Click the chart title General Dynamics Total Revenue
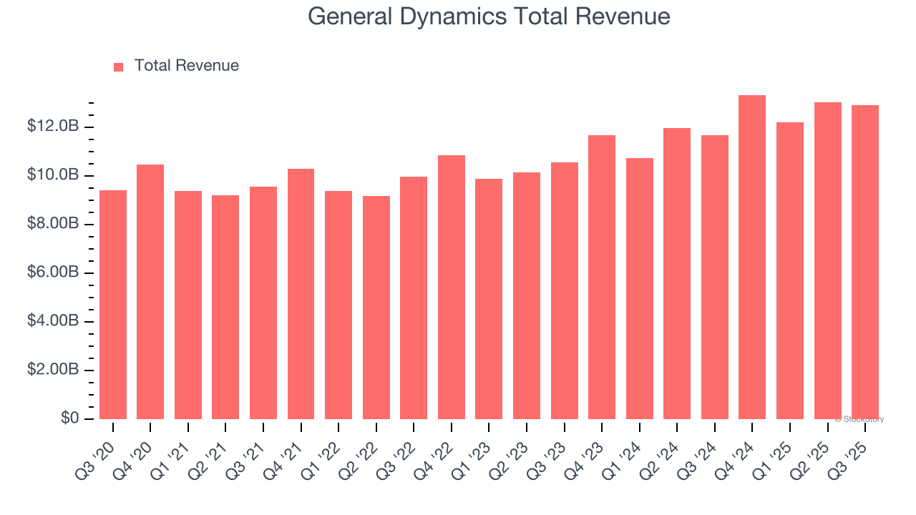[x=489, y=16]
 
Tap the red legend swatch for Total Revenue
[x=119, y=67]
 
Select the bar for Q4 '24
[x=752, y=257]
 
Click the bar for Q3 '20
[x=113, y=305]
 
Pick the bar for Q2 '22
[x=376, y=308]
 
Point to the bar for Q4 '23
[x=602, y=278]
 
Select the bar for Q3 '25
[x=865, y=263]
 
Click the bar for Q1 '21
[x=188, y=305]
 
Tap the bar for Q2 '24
[x=677, y=274]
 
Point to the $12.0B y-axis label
[x=53, y=127]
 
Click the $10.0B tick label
[x=53, y=175]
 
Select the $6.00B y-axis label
[x=53, y=273]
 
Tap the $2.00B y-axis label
[x=53, y=370]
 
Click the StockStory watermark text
[x=859, y=419]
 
